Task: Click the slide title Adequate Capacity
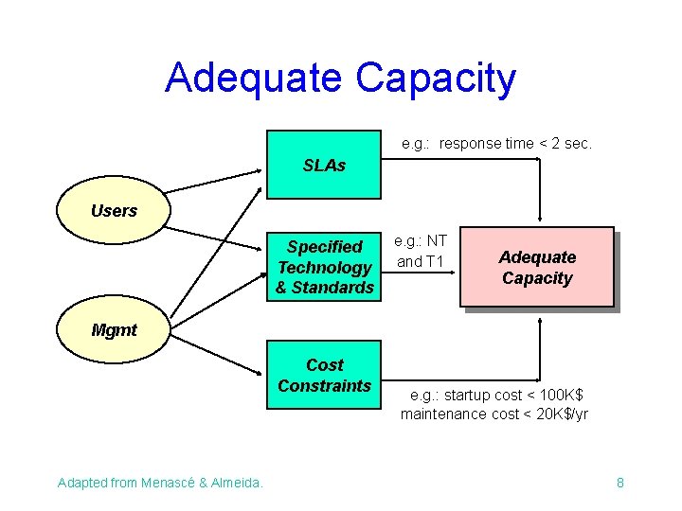click(x=340, y=78)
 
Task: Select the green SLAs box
click(x=324, y=166)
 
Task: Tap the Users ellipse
click(x=114, y=210)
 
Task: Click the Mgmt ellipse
click(x=114, y=329)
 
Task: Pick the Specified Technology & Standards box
click(x=324, y=267)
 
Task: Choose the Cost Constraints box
click(x=324, y=375)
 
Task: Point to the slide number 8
click(x=619, y=483)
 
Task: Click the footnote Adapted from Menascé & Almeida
click(x=160, y=483)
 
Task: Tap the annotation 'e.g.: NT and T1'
click(x=421, y=251)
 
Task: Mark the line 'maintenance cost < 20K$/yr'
click(x=494, y=414)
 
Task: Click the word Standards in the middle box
click(x=337, y=288)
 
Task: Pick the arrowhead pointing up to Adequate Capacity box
click(x=539, y=322)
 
